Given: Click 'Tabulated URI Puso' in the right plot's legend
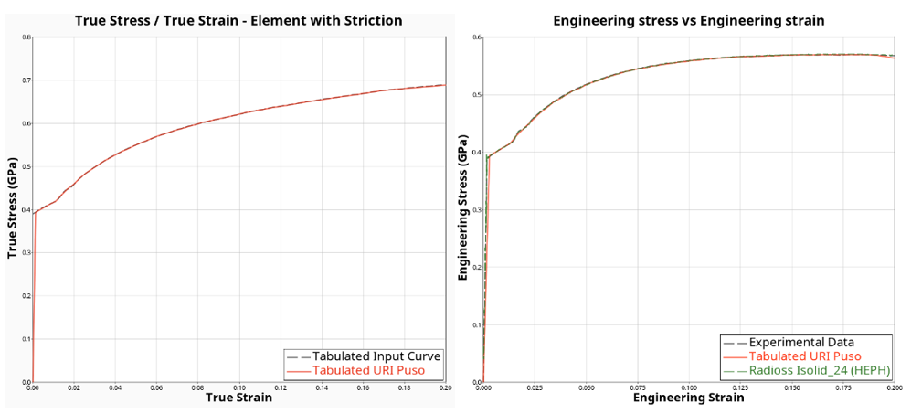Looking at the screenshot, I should coord(805,356).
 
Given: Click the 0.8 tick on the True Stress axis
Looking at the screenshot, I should coord(26,37).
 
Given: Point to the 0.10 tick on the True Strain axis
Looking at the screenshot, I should coord(238,387).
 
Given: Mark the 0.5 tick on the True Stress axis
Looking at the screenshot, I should coord(26,166).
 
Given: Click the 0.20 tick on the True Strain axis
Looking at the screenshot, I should coord(444,387).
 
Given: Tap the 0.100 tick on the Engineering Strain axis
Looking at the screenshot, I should coord(689,387).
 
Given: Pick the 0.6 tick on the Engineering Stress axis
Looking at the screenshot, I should coord(476,37).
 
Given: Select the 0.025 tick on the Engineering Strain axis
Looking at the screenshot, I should coord(535,387).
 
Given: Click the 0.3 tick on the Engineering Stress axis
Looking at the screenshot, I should coord(476,209).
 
